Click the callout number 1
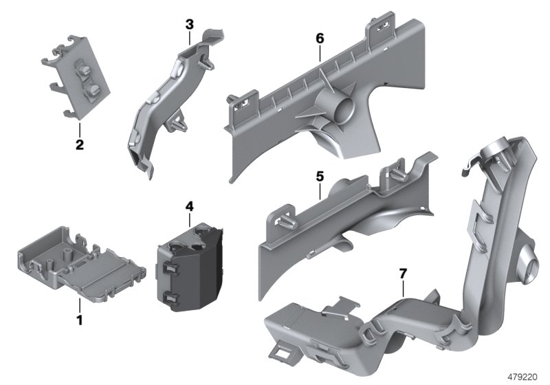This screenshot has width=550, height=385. point(79,320)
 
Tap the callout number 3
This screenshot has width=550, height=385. point(190,25)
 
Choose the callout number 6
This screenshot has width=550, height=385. point(320,38)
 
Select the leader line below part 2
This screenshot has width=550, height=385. point(79,129)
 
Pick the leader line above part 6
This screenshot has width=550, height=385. point(320,54)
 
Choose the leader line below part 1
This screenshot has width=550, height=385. point(79,306)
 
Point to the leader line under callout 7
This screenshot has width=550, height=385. point(403,289)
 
